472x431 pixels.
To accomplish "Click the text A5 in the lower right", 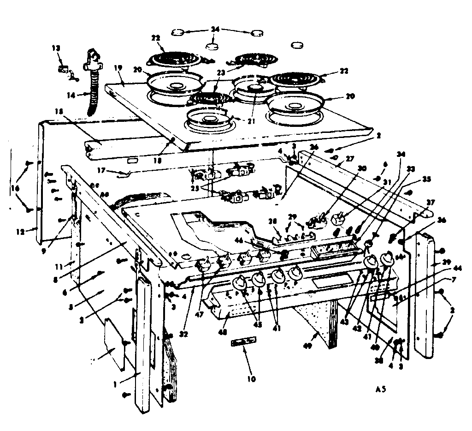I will [380, 389].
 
